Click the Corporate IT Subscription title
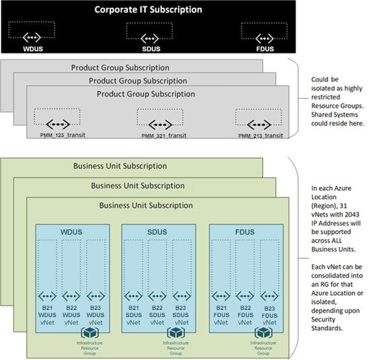(x=148, y=10)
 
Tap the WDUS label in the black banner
(x=33, y=49)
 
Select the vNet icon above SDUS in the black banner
(x=149, y=38)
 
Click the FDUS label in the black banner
(x=265, y=49)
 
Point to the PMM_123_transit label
(x=63, y=135)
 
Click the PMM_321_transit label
(x=164, y=136)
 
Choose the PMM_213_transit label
(x=261, y=136)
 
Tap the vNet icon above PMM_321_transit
(x=160, y=125)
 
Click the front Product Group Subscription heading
(x=146, y=94)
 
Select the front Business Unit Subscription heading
(x=146, y=205)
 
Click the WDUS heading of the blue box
(x=71, y=232)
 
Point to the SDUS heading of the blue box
(x=157, y=232)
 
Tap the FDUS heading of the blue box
(x=245, y=232)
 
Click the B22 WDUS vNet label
(x=71, y=315)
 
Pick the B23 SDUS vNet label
(x=181, y=315)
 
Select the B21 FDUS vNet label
(x=222, y=315)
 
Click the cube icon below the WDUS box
(x=90, y=333)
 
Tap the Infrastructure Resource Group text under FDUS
(x=263, y=348)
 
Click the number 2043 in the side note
(x=352, y=214)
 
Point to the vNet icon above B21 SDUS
(x=133, y=296)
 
